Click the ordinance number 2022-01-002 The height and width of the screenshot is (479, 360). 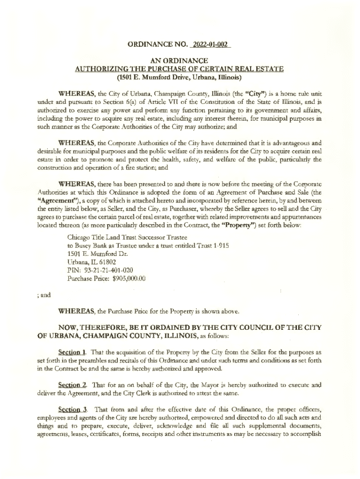point(210,45)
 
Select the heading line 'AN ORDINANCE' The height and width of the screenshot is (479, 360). point(180,61)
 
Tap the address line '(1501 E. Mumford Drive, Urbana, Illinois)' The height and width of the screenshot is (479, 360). point(180,77)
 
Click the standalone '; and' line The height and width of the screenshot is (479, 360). point(43,295)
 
